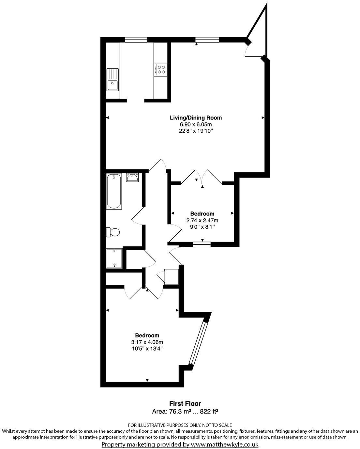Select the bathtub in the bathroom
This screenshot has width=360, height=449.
coord(114,191)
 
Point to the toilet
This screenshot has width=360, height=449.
coord(113,232)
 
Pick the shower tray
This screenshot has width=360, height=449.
coord(114,258)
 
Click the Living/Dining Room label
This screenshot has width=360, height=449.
coord(196,118)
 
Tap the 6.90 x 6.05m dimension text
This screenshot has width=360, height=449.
coord(196,124)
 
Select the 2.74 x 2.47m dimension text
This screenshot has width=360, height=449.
coord(202,220)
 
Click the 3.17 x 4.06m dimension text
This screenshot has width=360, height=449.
coord(147,342)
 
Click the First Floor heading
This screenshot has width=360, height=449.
coord(185,404)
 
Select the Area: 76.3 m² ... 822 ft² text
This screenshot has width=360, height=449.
coord(185,411)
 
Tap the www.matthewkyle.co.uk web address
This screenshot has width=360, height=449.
coord(225,444)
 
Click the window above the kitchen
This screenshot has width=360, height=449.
coord(136,40)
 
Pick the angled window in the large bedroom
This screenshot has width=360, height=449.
coord(198,343)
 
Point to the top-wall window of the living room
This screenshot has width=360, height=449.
coord(207,40)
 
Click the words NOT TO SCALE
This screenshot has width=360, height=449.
coord(217,425)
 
